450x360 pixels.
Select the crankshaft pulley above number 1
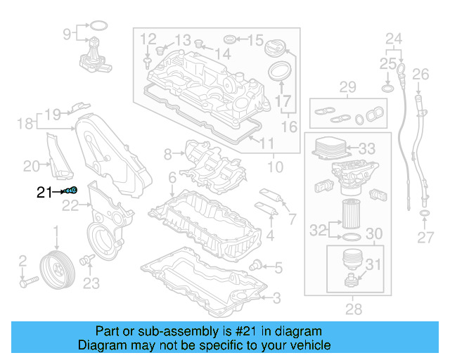tap(56, 268)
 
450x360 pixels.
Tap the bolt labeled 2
tap(29, 283)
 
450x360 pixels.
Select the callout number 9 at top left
tap(67, 33)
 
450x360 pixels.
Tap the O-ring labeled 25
tap(387, 88)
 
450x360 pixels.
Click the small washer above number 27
tap(425, 213)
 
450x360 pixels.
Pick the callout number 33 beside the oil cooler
tap(367, 149)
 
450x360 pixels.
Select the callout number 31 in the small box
tap(372, 265)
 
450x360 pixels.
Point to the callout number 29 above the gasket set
tap(347, 87)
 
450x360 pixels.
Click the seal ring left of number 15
tap(230, 38)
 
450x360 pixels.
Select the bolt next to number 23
tap(86, 262)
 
